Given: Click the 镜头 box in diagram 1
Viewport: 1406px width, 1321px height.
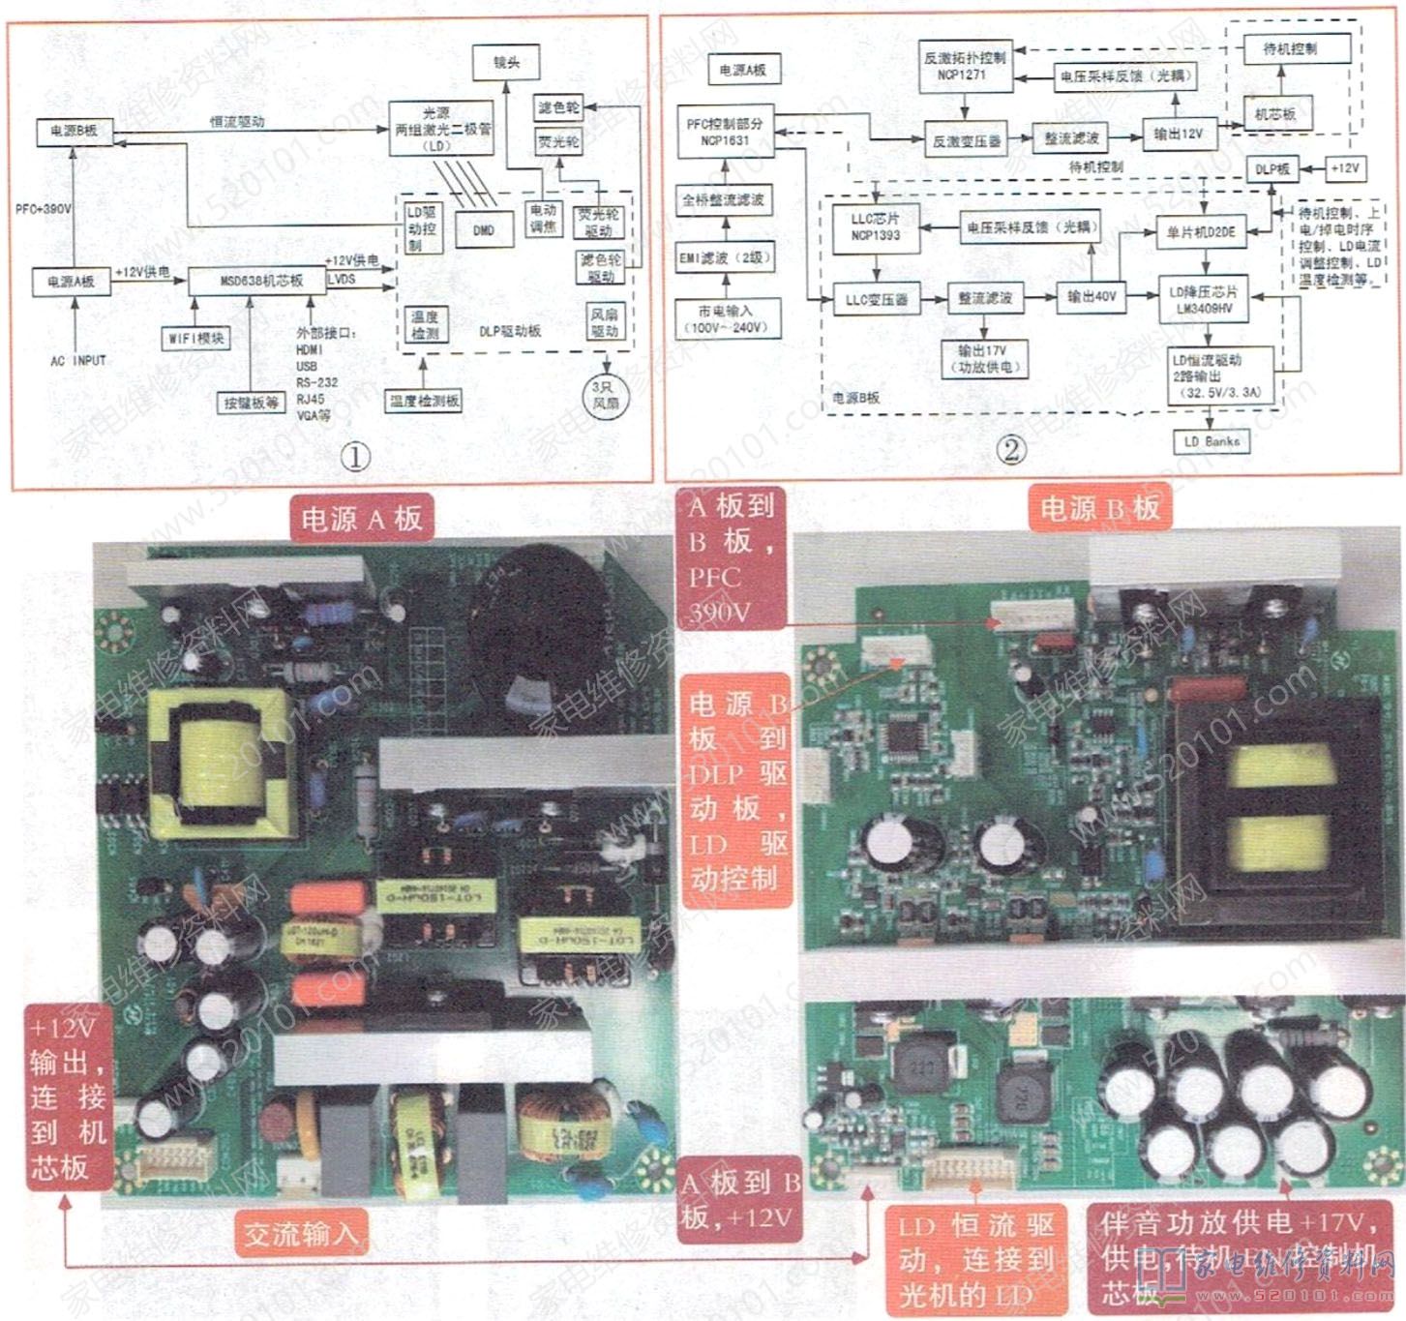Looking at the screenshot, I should [506, 63].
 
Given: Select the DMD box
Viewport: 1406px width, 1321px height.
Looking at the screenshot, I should [484, 230].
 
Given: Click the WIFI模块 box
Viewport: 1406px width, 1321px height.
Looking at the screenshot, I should [195, 338].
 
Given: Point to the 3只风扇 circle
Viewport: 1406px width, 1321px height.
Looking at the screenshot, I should [606, 395].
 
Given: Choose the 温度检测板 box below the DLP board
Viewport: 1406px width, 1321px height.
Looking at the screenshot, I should [424, 401].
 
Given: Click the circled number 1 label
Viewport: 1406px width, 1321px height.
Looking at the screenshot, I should [356, 457].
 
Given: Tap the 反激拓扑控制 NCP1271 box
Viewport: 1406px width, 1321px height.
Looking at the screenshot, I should [965, 65].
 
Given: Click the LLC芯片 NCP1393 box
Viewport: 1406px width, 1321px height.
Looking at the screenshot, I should [876, 227].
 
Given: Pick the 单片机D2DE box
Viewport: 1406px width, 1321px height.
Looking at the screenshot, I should [1201, 232].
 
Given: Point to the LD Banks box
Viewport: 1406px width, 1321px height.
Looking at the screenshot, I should [1211, 441].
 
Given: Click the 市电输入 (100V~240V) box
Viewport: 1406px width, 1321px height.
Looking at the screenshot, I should [725, 319].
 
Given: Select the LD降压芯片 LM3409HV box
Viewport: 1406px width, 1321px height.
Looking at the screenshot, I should [1203, 300].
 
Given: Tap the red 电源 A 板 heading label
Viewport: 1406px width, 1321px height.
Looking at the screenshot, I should [361, 520].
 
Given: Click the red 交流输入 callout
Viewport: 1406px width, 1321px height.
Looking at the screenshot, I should [301, 1234].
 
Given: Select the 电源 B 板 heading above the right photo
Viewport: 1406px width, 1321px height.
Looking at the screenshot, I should [1099, 508].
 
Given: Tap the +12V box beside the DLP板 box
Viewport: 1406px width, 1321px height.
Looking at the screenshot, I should [1344, 168].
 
